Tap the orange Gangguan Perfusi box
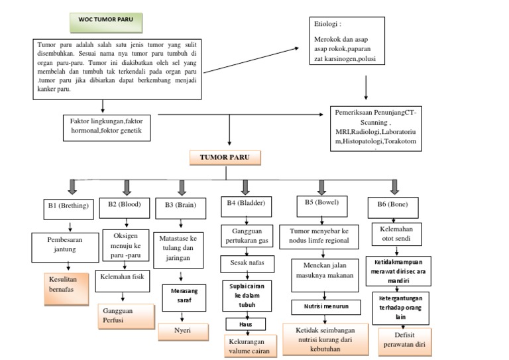pyautogui.click(x=124, y=315)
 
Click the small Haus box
pyautogui.click(x=246, y=324)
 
